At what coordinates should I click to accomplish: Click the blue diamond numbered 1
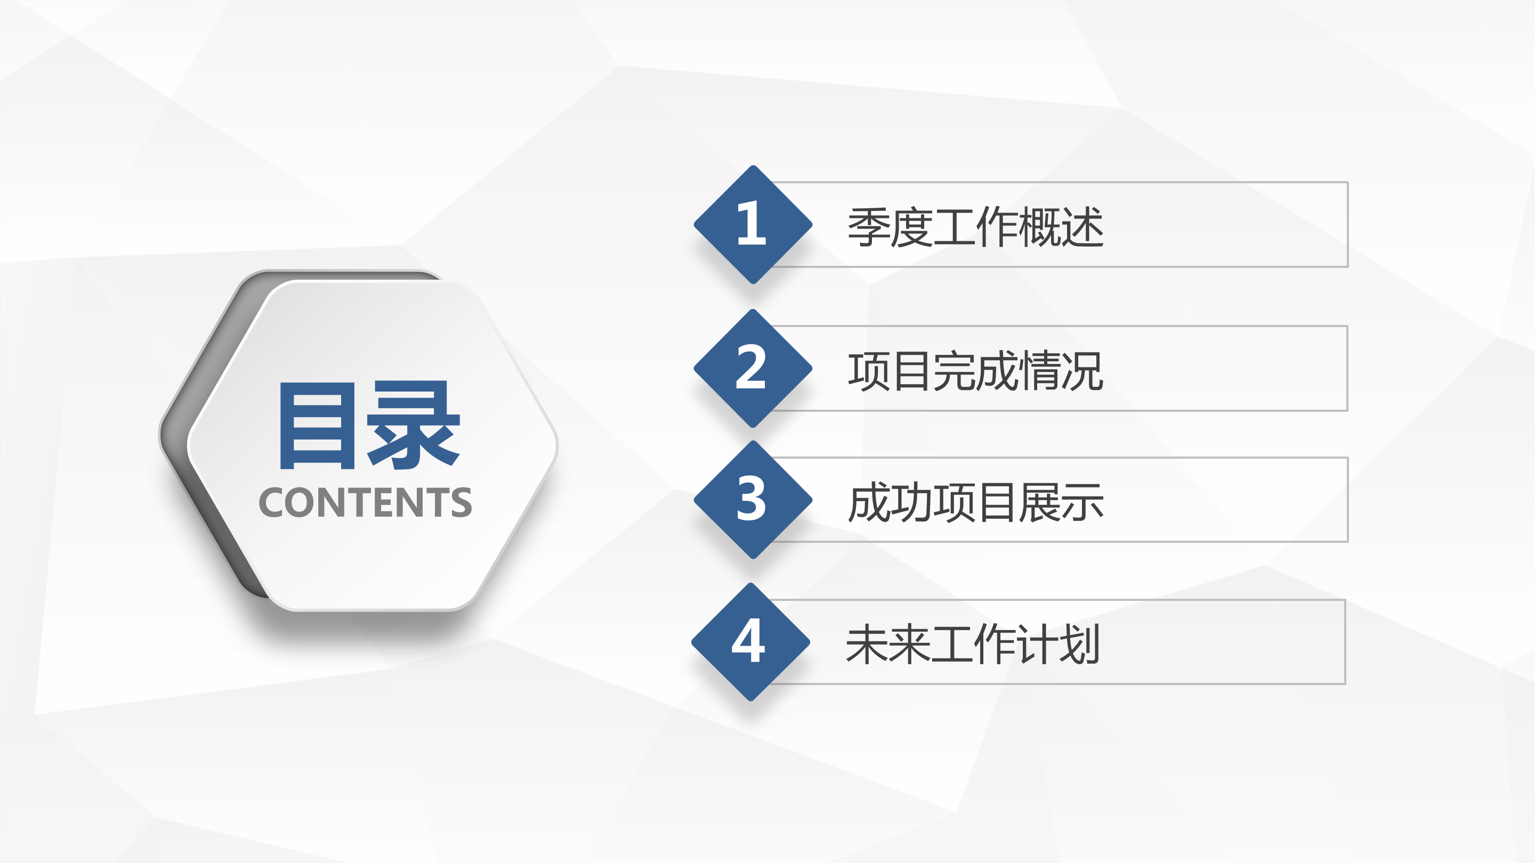coord(753,224)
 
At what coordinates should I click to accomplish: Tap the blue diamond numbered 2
coord(753,368)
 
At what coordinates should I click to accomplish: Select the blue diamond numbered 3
coord(753,500)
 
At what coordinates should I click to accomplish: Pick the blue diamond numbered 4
coord(750,642)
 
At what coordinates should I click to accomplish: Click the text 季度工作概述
coord(975,227)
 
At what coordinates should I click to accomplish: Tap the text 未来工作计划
coord(973,645)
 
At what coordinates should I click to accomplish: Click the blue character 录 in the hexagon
coord(413,425)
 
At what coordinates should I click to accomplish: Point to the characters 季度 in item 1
coord(890,227)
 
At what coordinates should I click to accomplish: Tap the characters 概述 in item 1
coord(1061,227)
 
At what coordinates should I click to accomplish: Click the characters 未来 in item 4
coord(887,645)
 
